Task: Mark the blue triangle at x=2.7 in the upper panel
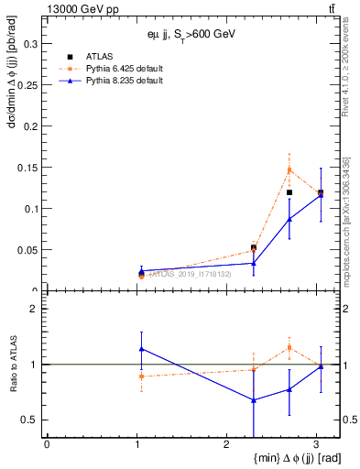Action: pos(289,218)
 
